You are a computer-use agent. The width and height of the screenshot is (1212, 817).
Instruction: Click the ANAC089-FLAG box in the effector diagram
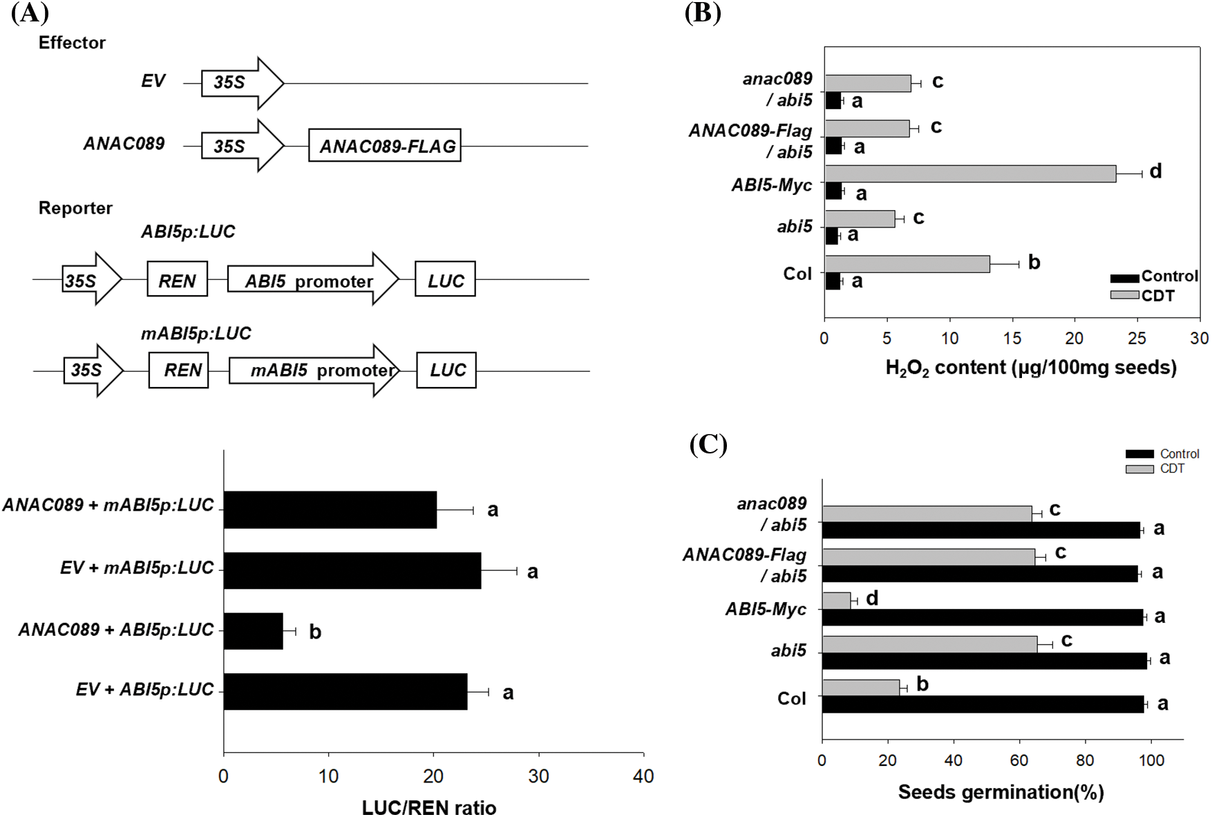tap(385, 146)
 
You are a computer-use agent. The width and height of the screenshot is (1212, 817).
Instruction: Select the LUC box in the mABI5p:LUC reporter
tap(446, 370)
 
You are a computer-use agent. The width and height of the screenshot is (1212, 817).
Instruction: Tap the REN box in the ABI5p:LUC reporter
tap(178, 280)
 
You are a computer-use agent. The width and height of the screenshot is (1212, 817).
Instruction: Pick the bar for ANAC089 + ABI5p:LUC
tap(253, 631)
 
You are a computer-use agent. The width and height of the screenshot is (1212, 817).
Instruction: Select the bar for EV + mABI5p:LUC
tap(352, 570)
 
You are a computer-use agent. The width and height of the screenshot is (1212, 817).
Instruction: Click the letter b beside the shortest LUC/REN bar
tap(315, 632)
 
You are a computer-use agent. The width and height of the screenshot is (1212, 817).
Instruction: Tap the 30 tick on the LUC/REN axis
tap(538, 776)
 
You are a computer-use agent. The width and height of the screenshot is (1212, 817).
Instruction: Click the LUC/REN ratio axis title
tap(429, 807)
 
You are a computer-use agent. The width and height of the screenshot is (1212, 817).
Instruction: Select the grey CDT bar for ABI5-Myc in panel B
tap(970, 174)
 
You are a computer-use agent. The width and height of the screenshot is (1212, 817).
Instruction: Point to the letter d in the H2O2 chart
tap(1155, 171)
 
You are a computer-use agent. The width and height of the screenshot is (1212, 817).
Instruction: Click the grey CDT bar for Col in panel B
tap(907, 264)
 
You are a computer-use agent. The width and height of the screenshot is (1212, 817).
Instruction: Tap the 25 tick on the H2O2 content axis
tap(1137, 338)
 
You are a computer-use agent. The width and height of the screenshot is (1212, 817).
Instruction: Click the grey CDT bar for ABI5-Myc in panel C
tap(836, 601)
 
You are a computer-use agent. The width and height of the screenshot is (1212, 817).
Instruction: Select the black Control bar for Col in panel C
tap(983, 704)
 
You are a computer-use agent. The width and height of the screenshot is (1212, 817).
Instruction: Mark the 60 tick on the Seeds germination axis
tap(1019, 760)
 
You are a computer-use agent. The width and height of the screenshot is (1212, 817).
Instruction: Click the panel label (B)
tap(703, 13)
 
